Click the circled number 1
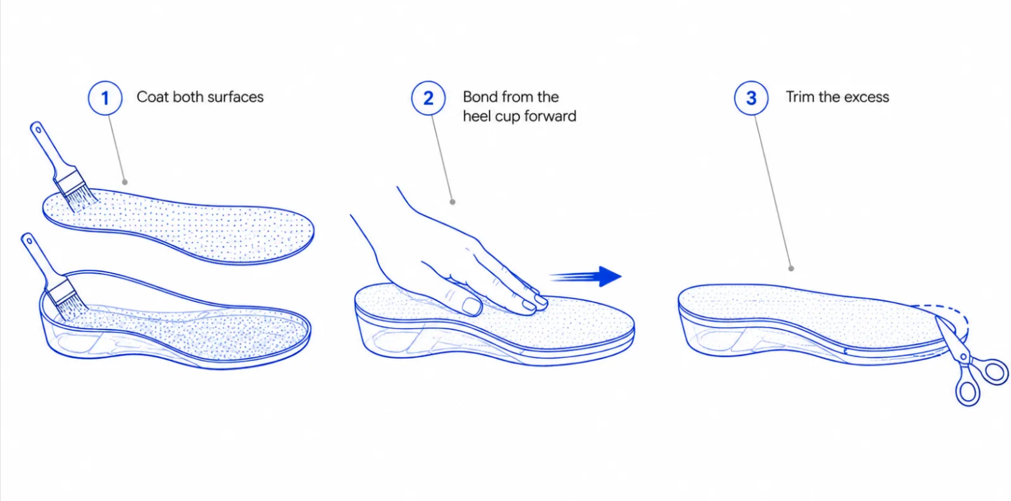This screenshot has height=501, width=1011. point(105,98)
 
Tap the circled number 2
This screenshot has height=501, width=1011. point(428,98)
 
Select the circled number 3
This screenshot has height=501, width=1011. point(751,98)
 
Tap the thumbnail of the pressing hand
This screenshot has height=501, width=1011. point(471,307)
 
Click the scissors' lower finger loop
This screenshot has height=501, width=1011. point(968,391)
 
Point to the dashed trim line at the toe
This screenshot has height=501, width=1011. point(948,313)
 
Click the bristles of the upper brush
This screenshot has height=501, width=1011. point(81,198)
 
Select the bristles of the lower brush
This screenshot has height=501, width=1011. point(72,309)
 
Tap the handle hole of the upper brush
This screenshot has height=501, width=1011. point(38,130)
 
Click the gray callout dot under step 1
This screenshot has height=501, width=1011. point(125,182)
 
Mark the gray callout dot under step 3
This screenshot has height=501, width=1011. point(791,269)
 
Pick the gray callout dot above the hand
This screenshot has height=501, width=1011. point(453,202)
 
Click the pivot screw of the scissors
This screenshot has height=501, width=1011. point(964,357)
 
